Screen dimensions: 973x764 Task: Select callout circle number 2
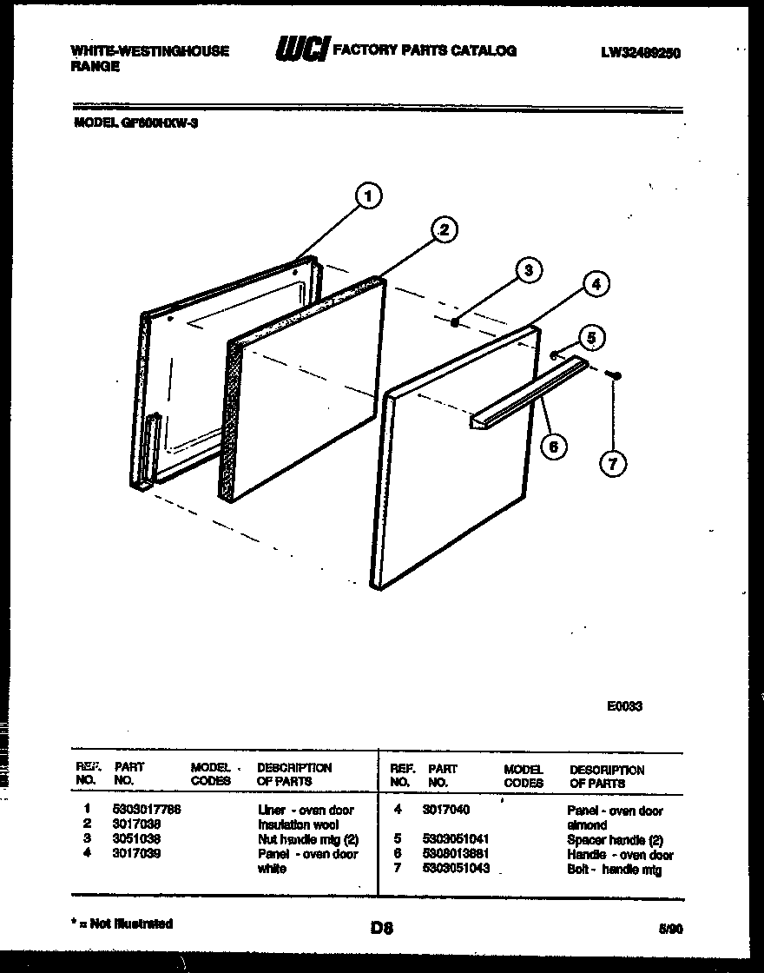(443, 229)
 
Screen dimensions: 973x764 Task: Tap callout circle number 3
(526, 270)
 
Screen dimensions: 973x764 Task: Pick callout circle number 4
(595, 283)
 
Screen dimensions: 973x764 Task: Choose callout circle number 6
(552, 447)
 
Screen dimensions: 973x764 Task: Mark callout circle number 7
(613, 464)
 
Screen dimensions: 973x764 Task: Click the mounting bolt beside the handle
(616, 374)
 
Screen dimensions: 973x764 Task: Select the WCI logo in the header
(300, 51)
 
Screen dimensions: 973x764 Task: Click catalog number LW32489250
(640, 53)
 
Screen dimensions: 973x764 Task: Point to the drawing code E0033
(624, 706)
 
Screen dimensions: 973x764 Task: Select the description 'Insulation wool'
(298, 824)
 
